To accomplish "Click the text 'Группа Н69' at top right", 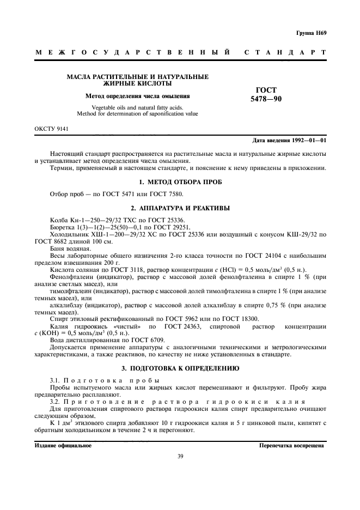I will (x=312, y=33).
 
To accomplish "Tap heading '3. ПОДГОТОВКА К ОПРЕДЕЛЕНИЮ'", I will (x=180, y=369).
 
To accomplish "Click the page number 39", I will (x=180, y=456).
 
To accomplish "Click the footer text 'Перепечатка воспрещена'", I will (x=292, y=445).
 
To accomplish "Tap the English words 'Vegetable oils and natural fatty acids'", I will (x=137, y=107).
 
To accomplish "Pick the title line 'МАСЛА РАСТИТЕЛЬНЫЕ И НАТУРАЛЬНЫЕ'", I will (x=137, y=77).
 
